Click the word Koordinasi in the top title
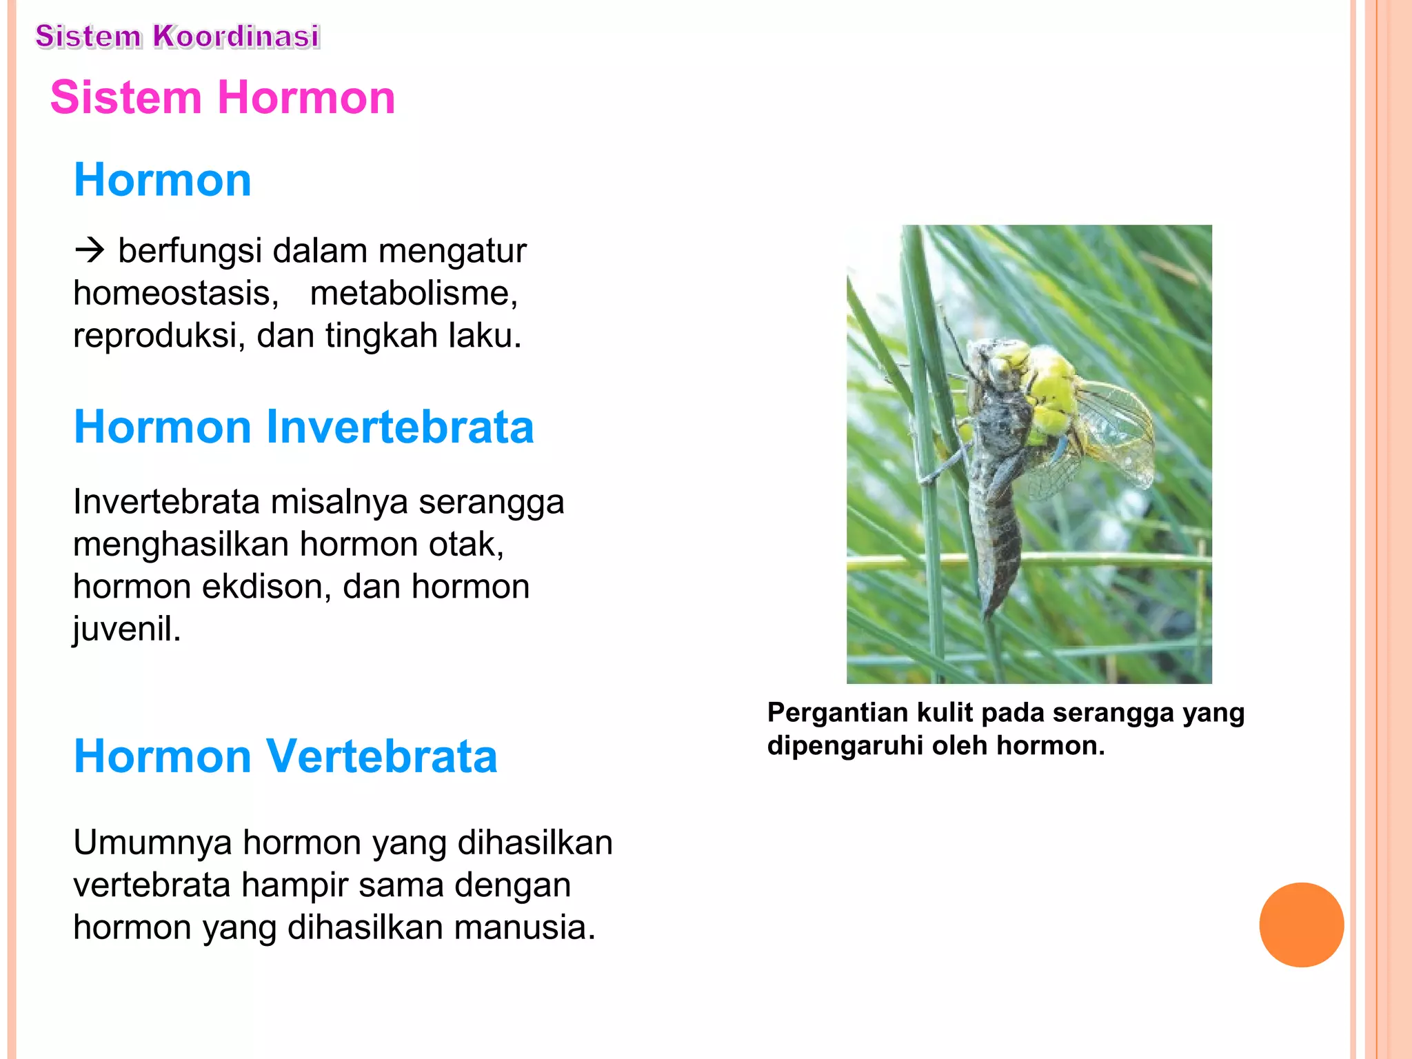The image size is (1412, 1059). [x=236, y=37]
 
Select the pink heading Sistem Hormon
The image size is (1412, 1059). [x=223, y=97]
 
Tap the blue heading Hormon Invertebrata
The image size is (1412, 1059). [x=303, y=427]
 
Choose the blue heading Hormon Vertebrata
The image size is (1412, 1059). [x=285, y=756]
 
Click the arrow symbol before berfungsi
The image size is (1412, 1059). [x=90, y=250]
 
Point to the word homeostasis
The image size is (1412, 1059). [x=176, y=294]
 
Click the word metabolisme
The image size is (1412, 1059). [x=414, y=294]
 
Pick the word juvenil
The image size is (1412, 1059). [x=127, y=629]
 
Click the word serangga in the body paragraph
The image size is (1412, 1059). [x=491, y=502]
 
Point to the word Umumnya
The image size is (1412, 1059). [x=152, y=843]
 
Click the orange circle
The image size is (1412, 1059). [x=1301, y=925]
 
